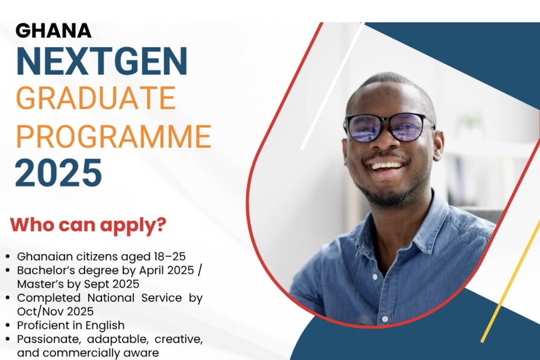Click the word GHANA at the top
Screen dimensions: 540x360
(53, 31)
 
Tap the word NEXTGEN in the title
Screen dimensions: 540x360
(102, 61)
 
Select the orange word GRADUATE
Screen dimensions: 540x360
(96, 98)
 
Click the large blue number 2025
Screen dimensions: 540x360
(58, 172)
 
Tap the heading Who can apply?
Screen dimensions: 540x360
(88, 225)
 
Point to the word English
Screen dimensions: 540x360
(105, 326)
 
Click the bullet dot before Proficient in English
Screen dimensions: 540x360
(8, 325)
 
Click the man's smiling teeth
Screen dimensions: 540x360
(387, 166)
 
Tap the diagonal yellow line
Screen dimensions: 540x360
(510, 282)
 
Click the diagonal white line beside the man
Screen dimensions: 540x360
(332, 86)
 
